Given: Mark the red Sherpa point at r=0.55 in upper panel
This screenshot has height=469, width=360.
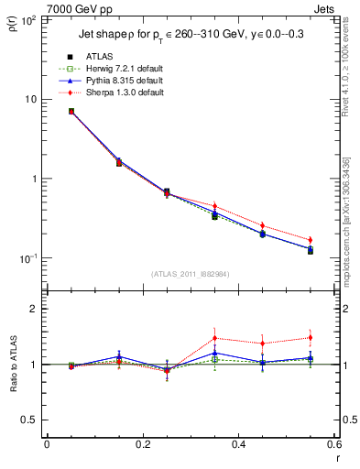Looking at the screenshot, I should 310,240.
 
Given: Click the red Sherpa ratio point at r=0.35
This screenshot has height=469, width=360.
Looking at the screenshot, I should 214,338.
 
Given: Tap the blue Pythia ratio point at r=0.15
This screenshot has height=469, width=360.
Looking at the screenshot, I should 118,356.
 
